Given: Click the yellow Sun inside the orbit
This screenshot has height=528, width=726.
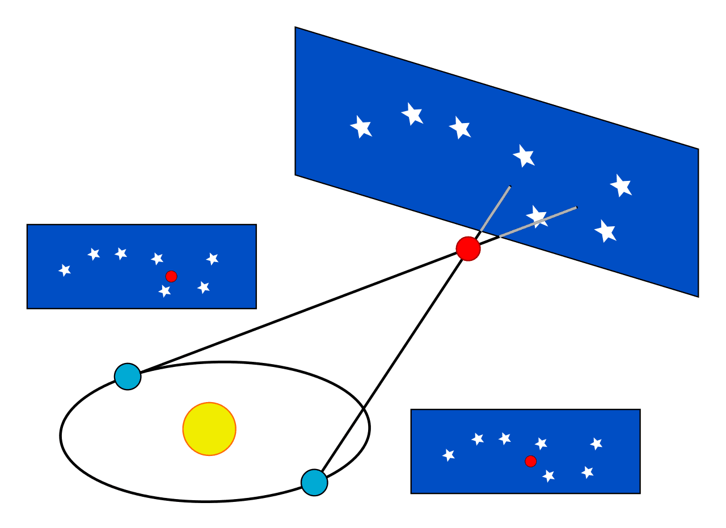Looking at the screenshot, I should [209, 429].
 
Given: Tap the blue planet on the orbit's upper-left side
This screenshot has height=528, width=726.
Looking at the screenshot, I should [128, 377].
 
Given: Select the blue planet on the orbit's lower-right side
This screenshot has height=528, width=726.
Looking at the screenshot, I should [314, 483].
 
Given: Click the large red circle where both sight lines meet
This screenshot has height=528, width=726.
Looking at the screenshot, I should [468, 249].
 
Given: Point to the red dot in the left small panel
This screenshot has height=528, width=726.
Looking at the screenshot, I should [171, 276].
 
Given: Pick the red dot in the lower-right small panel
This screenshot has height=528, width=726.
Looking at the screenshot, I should [531, 461].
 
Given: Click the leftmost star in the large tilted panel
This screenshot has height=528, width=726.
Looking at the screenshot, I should [361, 126].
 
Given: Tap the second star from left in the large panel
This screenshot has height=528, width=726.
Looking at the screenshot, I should [412, 114].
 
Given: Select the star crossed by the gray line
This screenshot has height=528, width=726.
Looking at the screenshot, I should [537, 216].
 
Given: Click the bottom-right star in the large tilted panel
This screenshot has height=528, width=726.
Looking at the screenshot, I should [605, 231].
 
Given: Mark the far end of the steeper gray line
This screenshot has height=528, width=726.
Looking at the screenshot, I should [510, 187].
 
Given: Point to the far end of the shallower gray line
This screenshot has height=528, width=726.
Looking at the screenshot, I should [576, 208].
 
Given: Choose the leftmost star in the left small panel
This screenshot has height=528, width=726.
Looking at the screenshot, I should [65, 270].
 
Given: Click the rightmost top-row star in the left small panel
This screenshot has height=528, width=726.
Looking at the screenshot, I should [213, 259].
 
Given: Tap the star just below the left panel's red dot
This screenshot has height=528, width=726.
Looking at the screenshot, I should [164, 291].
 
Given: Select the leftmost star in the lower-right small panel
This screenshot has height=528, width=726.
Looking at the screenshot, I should [449, 455].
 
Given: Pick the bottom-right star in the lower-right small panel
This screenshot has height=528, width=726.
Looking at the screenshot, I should [588, 472].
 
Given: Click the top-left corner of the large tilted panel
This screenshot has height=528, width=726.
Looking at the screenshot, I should [296, 27].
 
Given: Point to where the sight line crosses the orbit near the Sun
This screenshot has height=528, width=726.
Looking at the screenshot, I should [363, 409].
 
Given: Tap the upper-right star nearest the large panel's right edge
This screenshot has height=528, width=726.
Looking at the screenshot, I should [621, 185].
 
